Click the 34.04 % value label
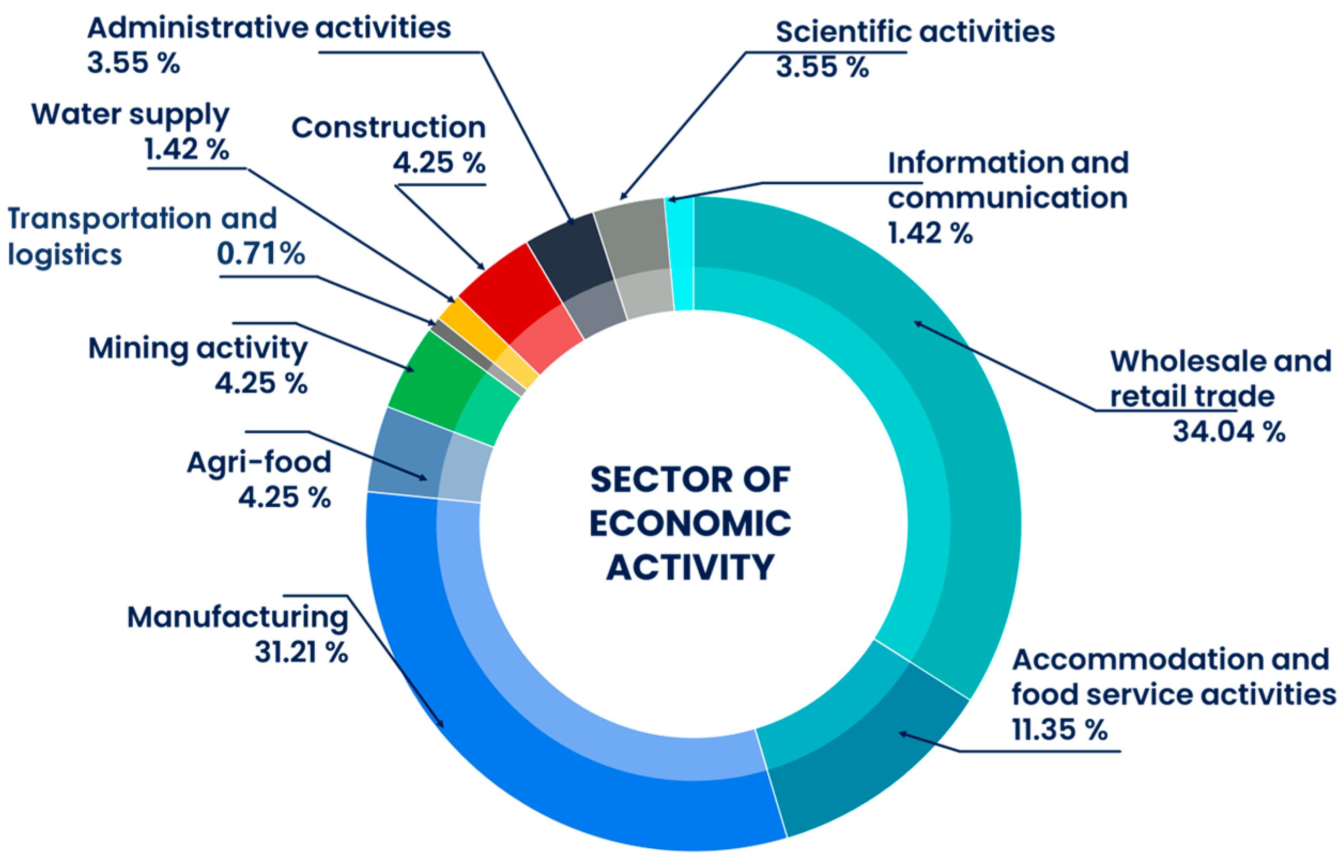click(1229, 432)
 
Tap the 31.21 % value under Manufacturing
click(301, 652)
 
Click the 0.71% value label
click(260, 253)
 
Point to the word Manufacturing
click(237, 617)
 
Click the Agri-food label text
click(259, 462)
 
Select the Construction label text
click(389, 128)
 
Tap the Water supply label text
click(130, 114)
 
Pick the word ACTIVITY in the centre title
click(690, 568)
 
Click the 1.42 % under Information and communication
click(930, 232)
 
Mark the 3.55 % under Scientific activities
click(822, 67)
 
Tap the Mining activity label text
click(198, 348)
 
